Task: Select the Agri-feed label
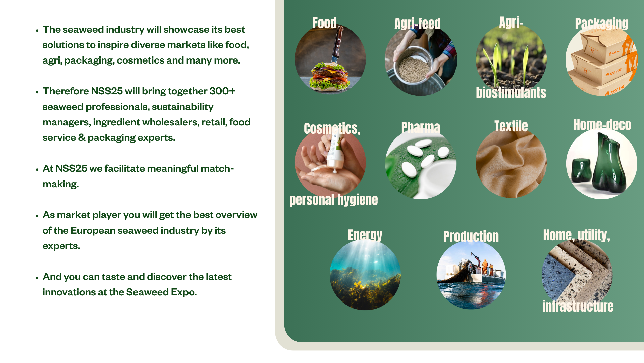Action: click(418, 24)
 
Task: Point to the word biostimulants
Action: click(511, 93)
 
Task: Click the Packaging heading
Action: click(601, 24)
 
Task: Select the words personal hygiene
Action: click(333, 200)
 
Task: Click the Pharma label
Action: click(421, 127)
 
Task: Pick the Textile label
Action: click(511, 126)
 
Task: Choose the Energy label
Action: click(365, 235)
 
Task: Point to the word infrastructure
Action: click(578, 306)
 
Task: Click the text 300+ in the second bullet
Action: click(222, 91)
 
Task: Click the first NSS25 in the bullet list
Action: click(107, 91)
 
